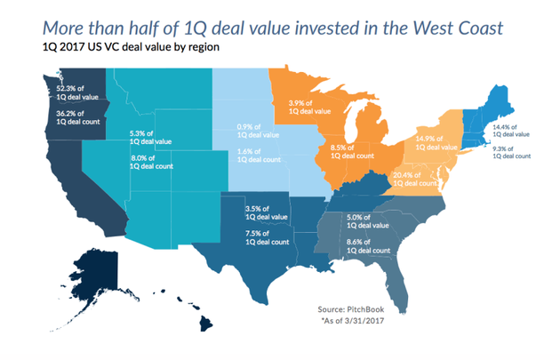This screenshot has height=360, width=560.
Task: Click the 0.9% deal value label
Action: (258, 130)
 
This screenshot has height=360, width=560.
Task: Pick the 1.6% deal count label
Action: (258, 156)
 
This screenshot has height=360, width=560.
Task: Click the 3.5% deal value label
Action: (267, 213)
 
